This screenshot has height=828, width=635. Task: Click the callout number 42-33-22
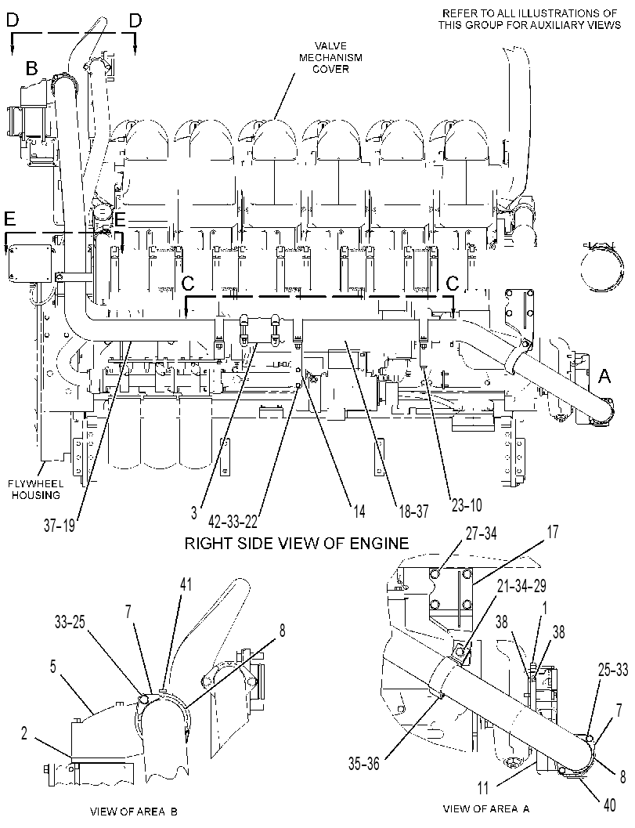pos(233,521)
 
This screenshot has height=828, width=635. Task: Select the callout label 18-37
pos(414,511)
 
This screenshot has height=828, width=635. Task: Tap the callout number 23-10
pos(466,505)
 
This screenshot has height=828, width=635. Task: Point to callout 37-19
pos(60,526)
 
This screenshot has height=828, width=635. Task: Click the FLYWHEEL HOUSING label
pos(36,490)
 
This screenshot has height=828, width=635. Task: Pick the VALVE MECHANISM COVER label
pos(331,57)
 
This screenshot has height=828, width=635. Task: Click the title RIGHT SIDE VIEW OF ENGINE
pos(297,544)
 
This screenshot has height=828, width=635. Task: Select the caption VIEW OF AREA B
pos(134,812)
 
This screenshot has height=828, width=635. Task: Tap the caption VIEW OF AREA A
pos(486,808)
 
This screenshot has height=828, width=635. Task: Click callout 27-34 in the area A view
pos(481,534)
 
